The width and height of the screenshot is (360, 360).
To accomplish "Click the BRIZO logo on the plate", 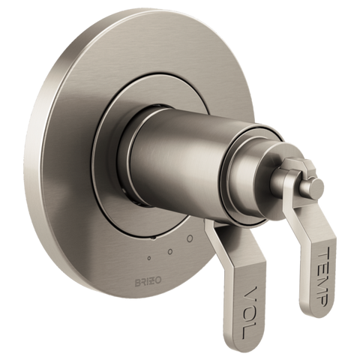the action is pyautogui.click(x=148, y=281).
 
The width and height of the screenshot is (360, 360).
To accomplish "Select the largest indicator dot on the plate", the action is pyautogui.click(x=190, y=238).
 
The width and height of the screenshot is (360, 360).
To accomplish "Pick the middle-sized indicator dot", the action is pyautogui.click(x=170, y=252).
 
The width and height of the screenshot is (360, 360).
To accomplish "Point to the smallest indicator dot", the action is pyautogui.click(x=149, y=258).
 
